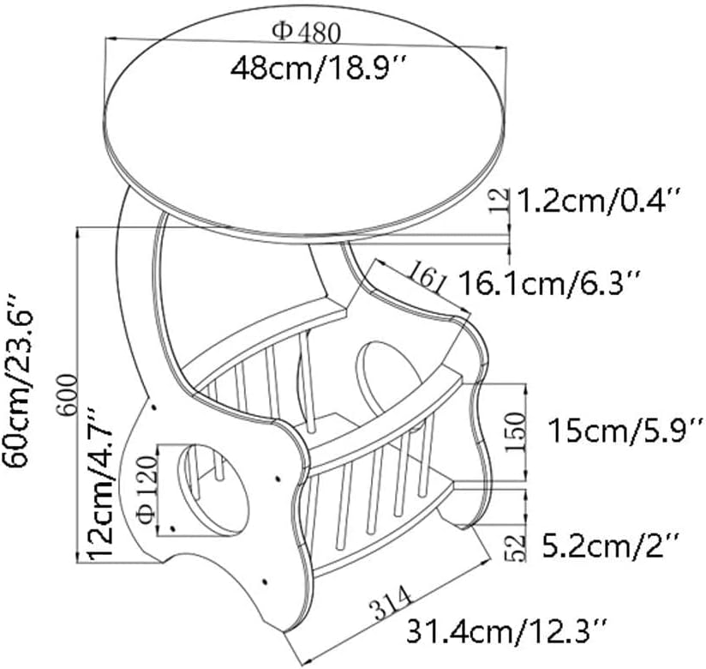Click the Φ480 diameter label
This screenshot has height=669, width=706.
click(307, 32)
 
